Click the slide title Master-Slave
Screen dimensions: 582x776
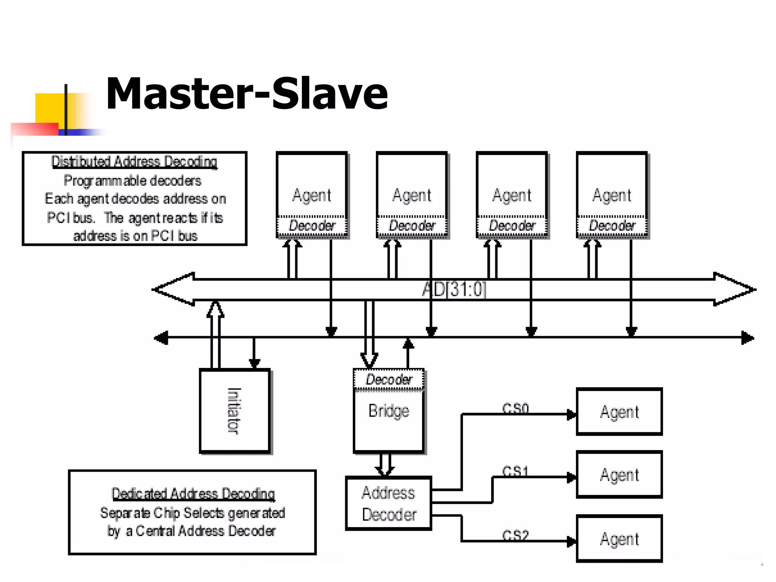coord(247,94)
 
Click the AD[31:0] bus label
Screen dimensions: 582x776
coord(454,289)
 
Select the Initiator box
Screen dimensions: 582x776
coord(235,411)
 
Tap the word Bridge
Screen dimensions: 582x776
coord(389,411)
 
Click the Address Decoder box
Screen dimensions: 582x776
coord(389,503)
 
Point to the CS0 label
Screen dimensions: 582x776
coord(515,408)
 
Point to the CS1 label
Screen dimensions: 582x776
coord(515,471)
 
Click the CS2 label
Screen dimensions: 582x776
coord(515,535)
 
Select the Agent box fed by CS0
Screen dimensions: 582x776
coord(619,412)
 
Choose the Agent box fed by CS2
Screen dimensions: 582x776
coord(619,539)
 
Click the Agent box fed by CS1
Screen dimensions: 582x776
coord(619,475)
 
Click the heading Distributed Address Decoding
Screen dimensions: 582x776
coord(134,162)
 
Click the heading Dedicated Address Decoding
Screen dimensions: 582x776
coord(193,494)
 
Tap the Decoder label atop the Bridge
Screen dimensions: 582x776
coord(389,379)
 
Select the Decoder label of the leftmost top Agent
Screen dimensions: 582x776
coord(312,226)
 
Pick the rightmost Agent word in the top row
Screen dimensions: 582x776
coord(612,196)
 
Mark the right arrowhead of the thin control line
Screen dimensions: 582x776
coord(747,338)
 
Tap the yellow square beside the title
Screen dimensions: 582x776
coord(49,108)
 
